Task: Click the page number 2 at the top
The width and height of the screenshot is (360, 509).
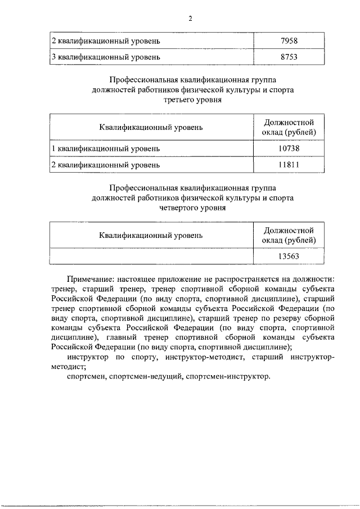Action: click(190, 18)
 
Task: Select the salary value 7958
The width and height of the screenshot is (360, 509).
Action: click(288, 41)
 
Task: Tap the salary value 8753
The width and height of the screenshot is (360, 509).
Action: click(288, 57)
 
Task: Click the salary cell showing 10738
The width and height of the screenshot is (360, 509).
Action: click(288, 148)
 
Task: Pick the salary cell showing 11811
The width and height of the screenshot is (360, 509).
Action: click(288, 165)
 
